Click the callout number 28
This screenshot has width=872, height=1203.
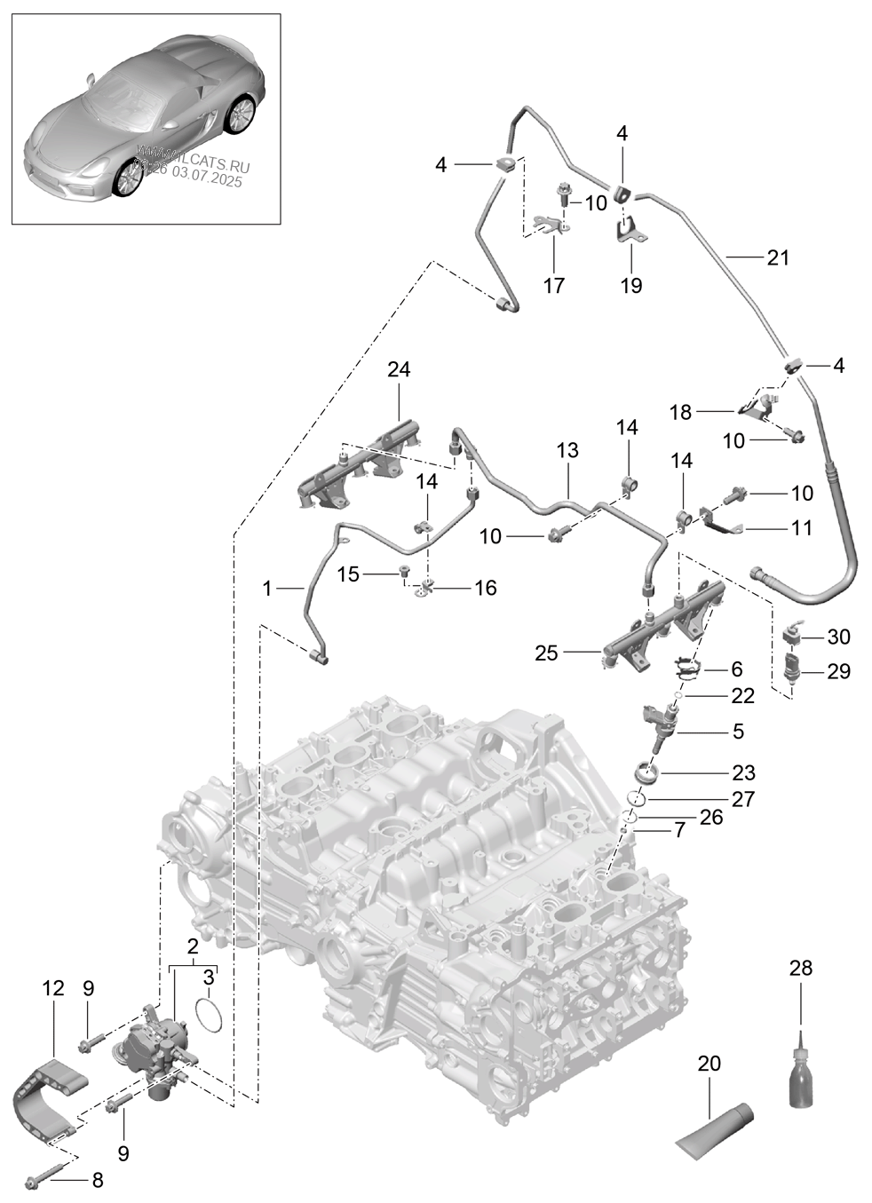click(x=800, y=968)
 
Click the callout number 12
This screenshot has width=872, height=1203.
click(x=53, y=987)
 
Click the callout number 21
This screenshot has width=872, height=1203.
click(x=777, y=257)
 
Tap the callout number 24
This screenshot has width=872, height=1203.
click(x=399, y=368)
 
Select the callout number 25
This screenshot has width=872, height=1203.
click(x=546, y=653)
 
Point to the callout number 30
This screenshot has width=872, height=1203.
click(x=838, y=637)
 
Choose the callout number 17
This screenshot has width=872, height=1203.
click(x=553, y=286)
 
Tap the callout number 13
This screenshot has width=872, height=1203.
click(x=567, y=450)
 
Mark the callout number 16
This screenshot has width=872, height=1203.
click(x=485, y=588)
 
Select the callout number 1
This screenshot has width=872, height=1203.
click(x=267, y=588)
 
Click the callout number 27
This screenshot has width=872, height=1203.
click(x=742, y=799)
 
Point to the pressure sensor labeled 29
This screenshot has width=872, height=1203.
click(x=796, y=673)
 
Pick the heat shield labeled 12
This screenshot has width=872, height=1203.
click(x=49, y=1097)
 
